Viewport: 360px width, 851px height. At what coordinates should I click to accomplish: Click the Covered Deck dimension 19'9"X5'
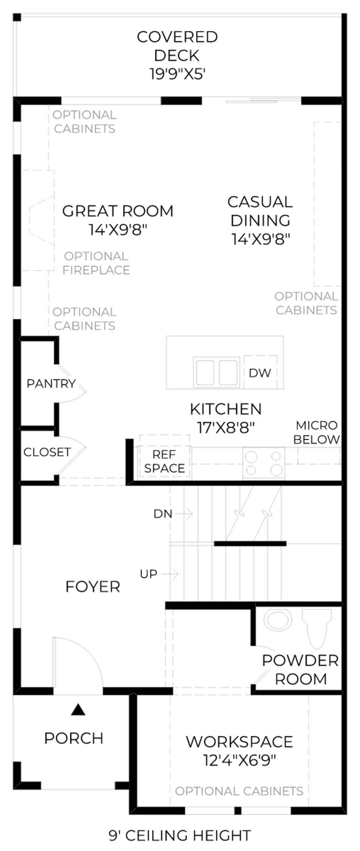pyautogui.click(x=177, y=74)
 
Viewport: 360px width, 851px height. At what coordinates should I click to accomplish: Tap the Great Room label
pyautogui.click(x=118, y=211)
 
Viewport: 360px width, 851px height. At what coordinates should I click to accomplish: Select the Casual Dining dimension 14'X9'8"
pyautogui.click(x=261, y=239)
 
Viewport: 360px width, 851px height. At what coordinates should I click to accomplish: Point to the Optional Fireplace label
pyautogui.click(x=96, y=263)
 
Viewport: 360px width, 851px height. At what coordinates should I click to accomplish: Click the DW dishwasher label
pyautogui.click(x=260, y=373)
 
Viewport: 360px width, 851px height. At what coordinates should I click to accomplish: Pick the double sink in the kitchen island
pyautogui.click(x=216, y=372)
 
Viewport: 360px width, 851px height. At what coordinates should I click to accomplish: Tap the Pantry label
pyautogui.click(x=51, y=384)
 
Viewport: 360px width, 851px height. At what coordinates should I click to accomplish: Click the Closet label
pyautogui.click(x=47, y=452)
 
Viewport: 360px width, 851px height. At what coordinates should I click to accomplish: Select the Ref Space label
pyautogui.click(x=164, y=461)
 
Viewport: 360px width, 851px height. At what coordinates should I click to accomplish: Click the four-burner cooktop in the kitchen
pyautogui.click(x=264, y=463)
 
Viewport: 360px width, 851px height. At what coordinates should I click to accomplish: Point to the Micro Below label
pyautogui.click(x=317, y=432)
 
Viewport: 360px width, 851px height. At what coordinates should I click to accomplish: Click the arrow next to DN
pyautogui.click(x=184, y=514)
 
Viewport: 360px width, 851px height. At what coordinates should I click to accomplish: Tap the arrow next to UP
pyautogui.click(x=170, y=574)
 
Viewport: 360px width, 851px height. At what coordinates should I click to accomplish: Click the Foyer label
pyautogui.click(x=93, y=587)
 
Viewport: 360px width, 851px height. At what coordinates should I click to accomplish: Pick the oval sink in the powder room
pyautogui.click(x=278, y=620)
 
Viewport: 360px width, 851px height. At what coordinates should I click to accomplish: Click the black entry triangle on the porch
pyautogui.click(x=78, y=710)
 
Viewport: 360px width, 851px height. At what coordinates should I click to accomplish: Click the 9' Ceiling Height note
pyautogui.click(x=180, y=835)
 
